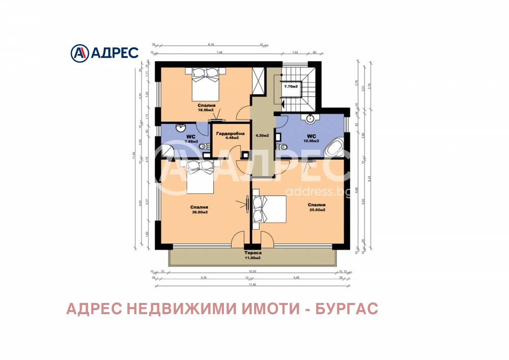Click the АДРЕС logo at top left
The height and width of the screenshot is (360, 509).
(104, 52)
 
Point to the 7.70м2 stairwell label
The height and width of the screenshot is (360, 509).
(292, 87)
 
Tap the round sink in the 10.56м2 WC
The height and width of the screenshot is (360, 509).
(309, 119)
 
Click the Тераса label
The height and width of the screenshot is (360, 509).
(252, 253)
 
